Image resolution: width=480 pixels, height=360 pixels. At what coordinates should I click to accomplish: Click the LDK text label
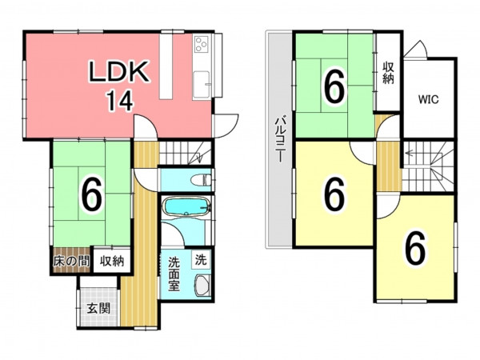118,72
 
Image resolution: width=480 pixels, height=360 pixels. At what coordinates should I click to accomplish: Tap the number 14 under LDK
120,101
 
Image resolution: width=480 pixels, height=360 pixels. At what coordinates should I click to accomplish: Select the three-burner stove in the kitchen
202,44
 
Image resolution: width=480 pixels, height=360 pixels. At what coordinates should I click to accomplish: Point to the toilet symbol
201,179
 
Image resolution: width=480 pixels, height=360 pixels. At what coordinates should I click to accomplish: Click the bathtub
186,206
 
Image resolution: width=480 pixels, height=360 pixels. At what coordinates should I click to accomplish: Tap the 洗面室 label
174,274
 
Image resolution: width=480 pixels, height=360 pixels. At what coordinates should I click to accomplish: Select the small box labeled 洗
201,260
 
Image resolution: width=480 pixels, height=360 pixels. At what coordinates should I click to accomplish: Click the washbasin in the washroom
202,285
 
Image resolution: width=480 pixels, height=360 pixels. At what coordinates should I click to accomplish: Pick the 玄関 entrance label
98,308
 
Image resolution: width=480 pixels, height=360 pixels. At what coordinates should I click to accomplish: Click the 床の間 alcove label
72,262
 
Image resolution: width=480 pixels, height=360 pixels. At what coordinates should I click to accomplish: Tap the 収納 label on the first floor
112,262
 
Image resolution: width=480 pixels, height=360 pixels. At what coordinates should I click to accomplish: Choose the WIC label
429,99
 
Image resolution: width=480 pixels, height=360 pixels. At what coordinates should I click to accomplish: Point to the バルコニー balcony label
279,138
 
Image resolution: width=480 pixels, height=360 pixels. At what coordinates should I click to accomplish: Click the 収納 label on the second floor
388,73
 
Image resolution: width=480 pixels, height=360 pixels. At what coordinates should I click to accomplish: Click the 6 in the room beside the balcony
334,194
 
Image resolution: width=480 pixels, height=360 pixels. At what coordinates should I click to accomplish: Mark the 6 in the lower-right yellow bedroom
415,248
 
